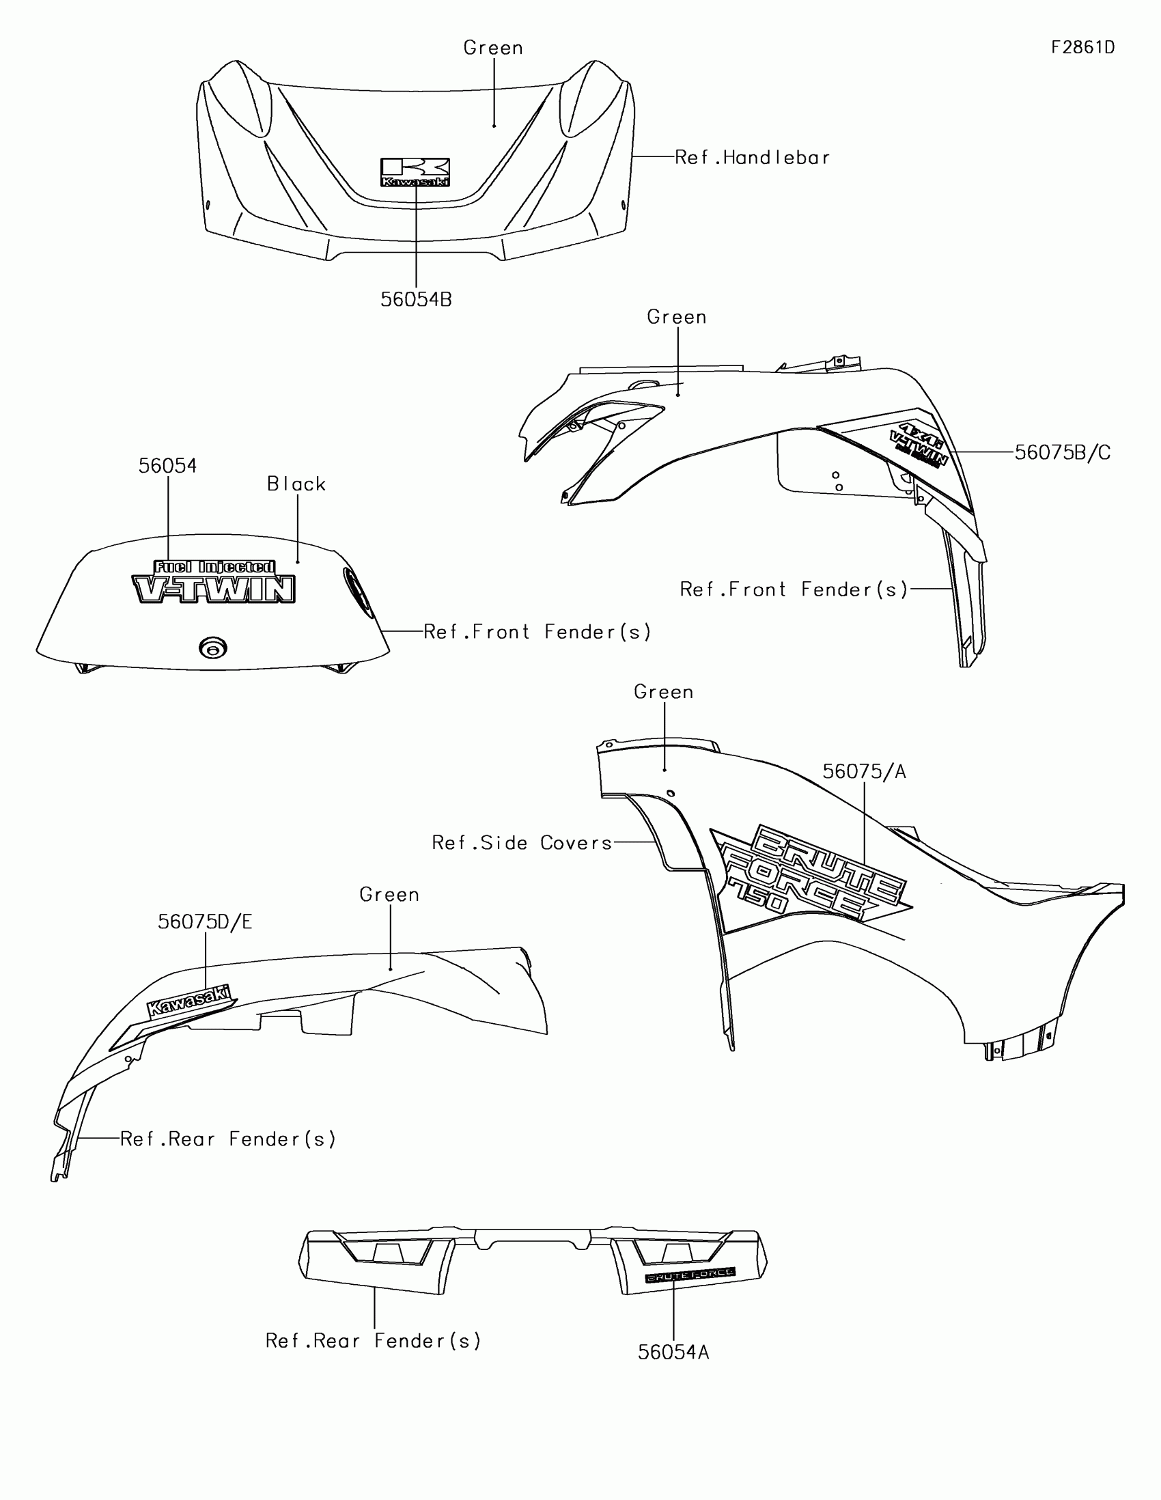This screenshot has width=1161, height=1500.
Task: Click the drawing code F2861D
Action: (x=1082, y=47)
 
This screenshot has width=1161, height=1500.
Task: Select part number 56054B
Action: (x=416, y=299)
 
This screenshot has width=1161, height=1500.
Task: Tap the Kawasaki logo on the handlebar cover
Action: (x=415, y=172)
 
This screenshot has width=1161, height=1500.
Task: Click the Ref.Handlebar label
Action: (x=753, y=158)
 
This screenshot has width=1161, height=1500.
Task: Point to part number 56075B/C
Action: (x=1062, y=453)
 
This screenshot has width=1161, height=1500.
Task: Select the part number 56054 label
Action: (x=167, y=467)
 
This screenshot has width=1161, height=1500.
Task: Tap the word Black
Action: (x=296, y=484)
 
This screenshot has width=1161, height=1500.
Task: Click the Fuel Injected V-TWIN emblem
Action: (x=214, y=582)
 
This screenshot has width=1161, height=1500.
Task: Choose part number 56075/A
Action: (x=865, y=772)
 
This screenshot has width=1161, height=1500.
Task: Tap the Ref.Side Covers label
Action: (x=522, y=843)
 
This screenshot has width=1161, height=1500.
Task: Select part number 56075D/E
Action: (x=206, y=921)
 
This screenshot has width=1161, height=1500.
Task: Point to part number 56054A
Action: (x=673, y=1352)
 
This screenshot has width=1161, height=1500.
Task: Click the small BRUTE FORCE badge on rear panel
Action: (x=689, y=1275)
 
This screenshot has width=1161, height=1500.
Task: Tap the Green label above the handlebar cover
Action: (x=493, y=48)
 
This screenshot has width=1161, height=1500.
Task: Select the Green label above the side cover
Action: (x=663, y=692)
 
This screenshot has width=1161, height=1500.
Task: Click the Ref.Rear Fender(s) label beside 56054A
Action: (x=374, y=1341)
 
